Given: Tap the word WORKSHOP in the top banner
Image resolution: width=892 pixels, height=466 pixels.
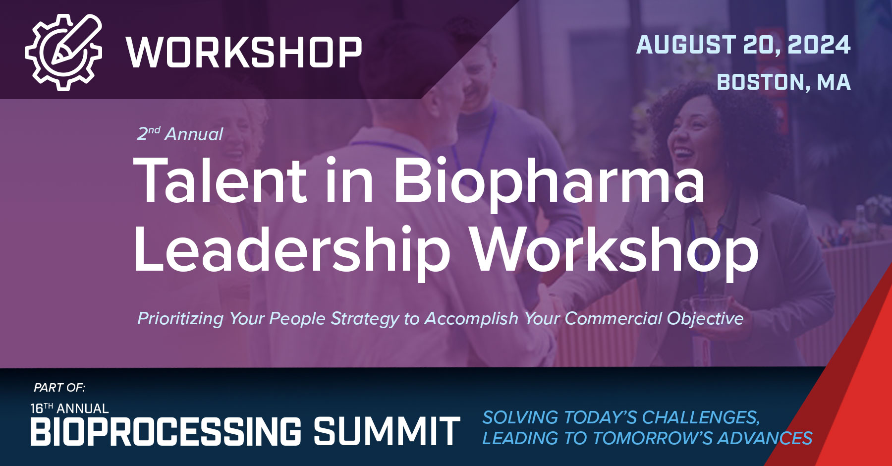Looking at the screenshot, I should point(244,52).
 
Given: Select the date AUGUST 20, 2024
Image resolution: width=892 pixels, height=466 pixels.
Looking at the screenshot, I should point(743,45).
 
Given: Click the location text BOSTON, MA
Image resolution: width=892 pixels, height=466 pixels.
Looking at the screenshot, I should point(783,82).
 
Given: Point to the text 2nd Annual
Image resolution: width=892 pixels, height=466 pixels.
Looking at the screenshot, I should point(180,134).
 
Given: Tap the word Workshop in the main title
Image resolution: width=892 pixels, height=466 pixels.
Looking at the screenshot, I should point(614,250).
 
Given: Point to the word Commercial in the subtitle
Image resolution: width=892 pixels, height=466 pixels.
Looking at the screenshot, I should point(613,318).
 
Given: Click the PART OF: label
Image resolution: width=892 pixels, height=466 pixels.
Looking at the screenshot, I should point(59,387).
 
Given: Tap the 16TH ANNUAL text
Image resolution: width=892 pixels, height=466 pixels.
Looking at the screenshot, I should point(69,408).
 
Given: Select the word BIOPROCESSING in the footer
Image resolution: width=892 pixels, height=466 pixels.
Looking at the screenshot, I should point(166,431).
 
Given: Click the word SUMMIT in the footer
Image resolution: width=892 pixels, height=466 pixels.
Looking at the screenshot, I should point(387,431).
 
